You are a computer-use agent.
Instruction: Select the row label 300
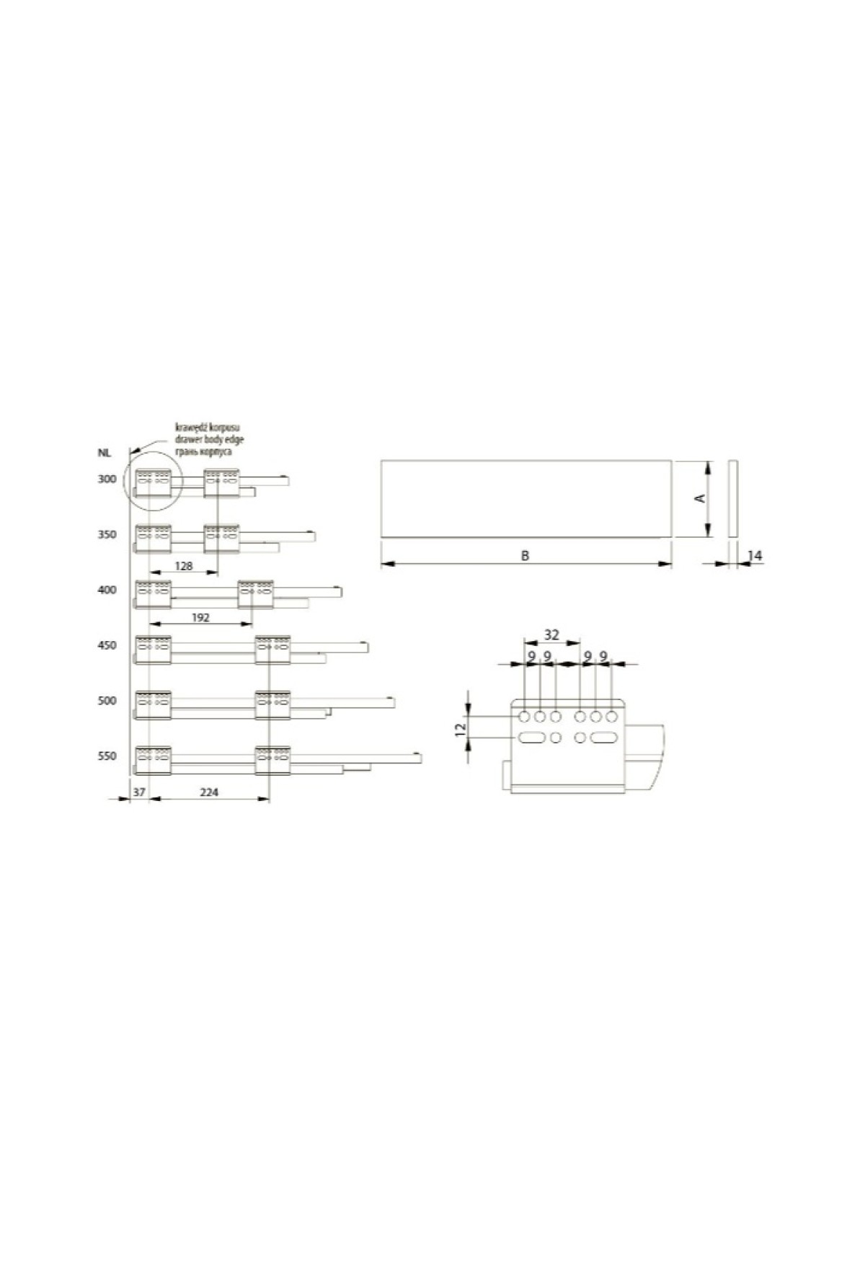(x=107, y=479)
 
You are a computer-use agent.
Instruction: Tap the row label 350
(x=107, y=534)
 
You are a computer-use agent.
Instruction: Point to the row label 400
(x=107, y=590)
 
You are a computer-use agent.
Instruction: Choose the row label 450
(x=107, y=645)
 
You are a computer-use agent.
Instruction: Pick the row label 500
(x=107, y=701)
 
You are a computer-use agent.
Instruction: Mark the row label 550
(x=107, y=756)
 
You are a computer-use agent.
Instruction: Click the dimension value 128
(x=184, y=566)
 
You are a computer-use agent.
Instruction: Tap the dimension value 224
(x=209, y=792)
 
